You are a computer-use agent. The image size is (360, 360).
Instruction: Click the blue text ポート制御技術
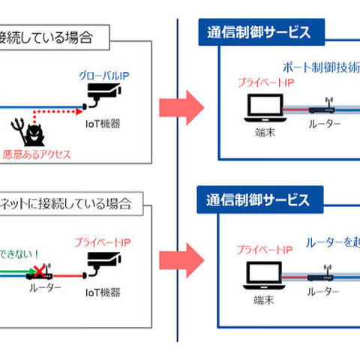coord(320,66)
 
